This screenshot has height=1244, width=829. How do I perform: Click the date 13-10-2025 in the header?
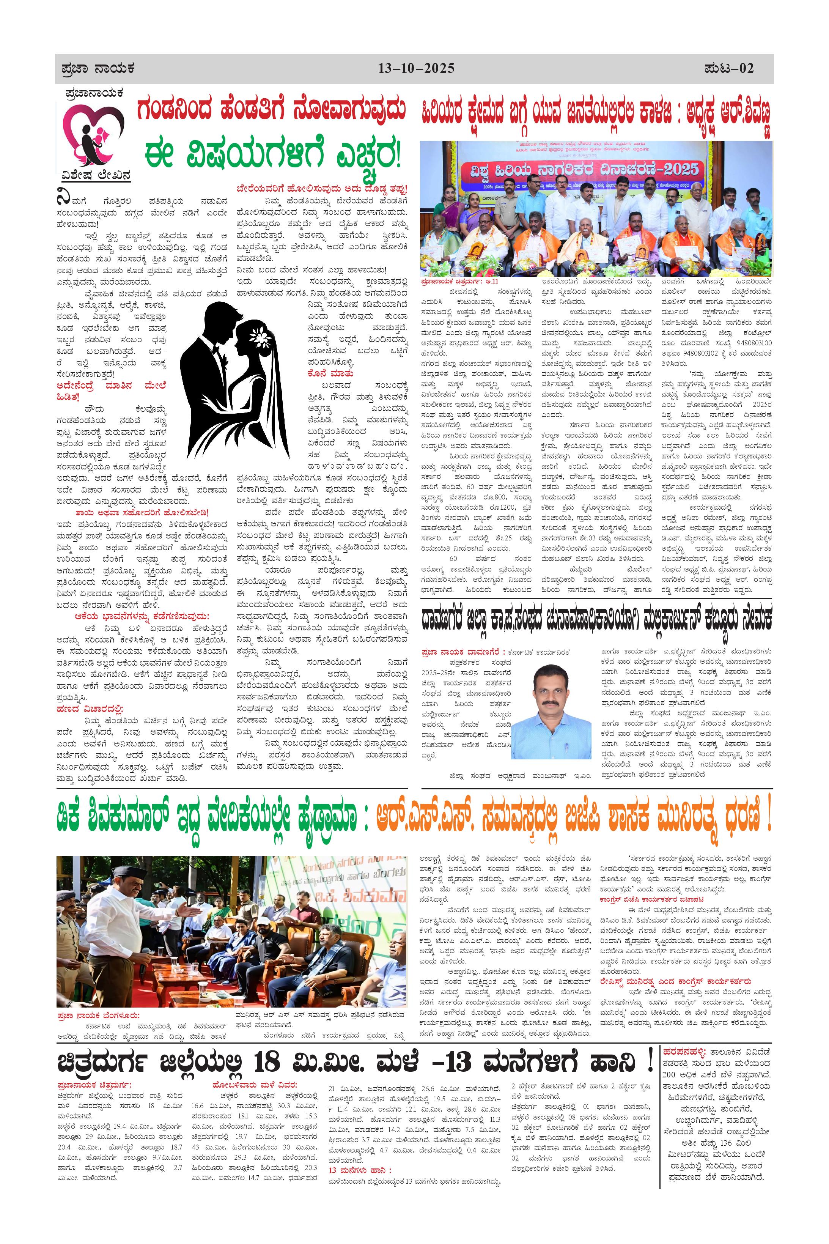pos(416,69)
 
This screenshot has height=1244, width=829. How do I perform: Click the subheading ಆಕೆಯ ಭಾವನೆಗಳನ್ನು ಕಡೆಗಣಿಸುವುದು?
pos(142,616)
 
